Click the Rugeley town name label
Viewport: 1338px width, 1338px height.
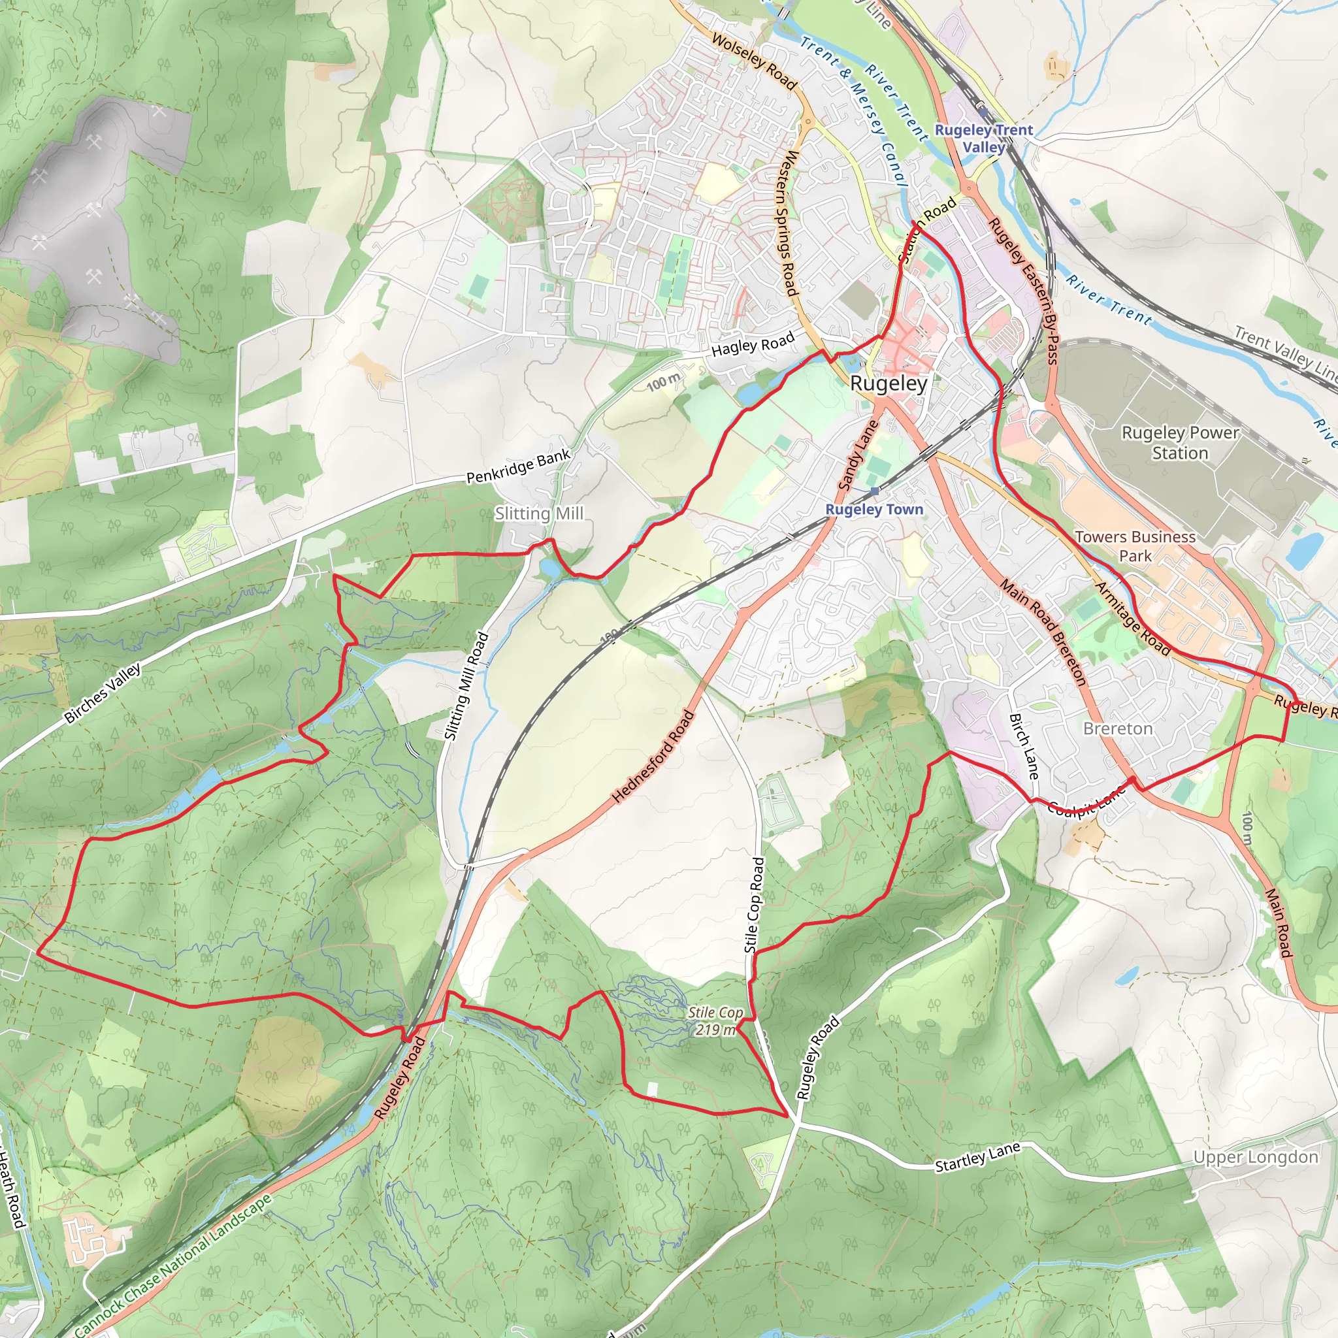pos(888,383)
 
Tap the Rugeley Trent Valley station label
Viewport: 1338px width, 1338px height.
pos(983,139)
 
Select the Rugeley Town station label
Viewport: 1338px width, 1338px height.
pos(874,510)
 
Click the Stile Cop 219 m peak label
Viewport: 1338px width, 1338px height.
pos(715,1021)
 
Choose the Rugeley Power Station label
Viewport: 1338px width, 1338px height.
pos(1180,442)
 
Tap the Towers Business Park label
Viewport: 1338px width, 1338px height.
pos(1135,546)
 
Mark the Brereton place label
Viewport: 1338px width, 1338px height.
pos(1118,728)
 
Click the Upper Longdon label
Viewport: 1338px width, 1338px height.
pos(1256,1157)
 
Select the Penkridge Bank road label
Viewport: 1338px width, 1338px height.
pos(518,466)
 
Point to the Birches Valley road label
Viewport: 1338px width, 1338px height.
pos(103,693)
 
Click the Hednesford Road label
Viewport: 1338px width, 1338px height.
pos(653,757)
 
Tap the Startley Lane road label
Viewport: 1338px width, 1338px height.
pos(977,1158)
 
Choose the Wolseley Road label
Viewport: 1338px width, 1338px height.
pos(754,61)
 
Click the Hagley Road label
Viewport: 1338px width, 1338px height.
pos(753,344)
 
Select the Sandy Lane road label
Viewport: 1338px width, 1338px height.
pos(858,455)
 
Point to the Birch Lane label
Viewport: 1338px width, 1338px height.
pos(1024,746)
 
